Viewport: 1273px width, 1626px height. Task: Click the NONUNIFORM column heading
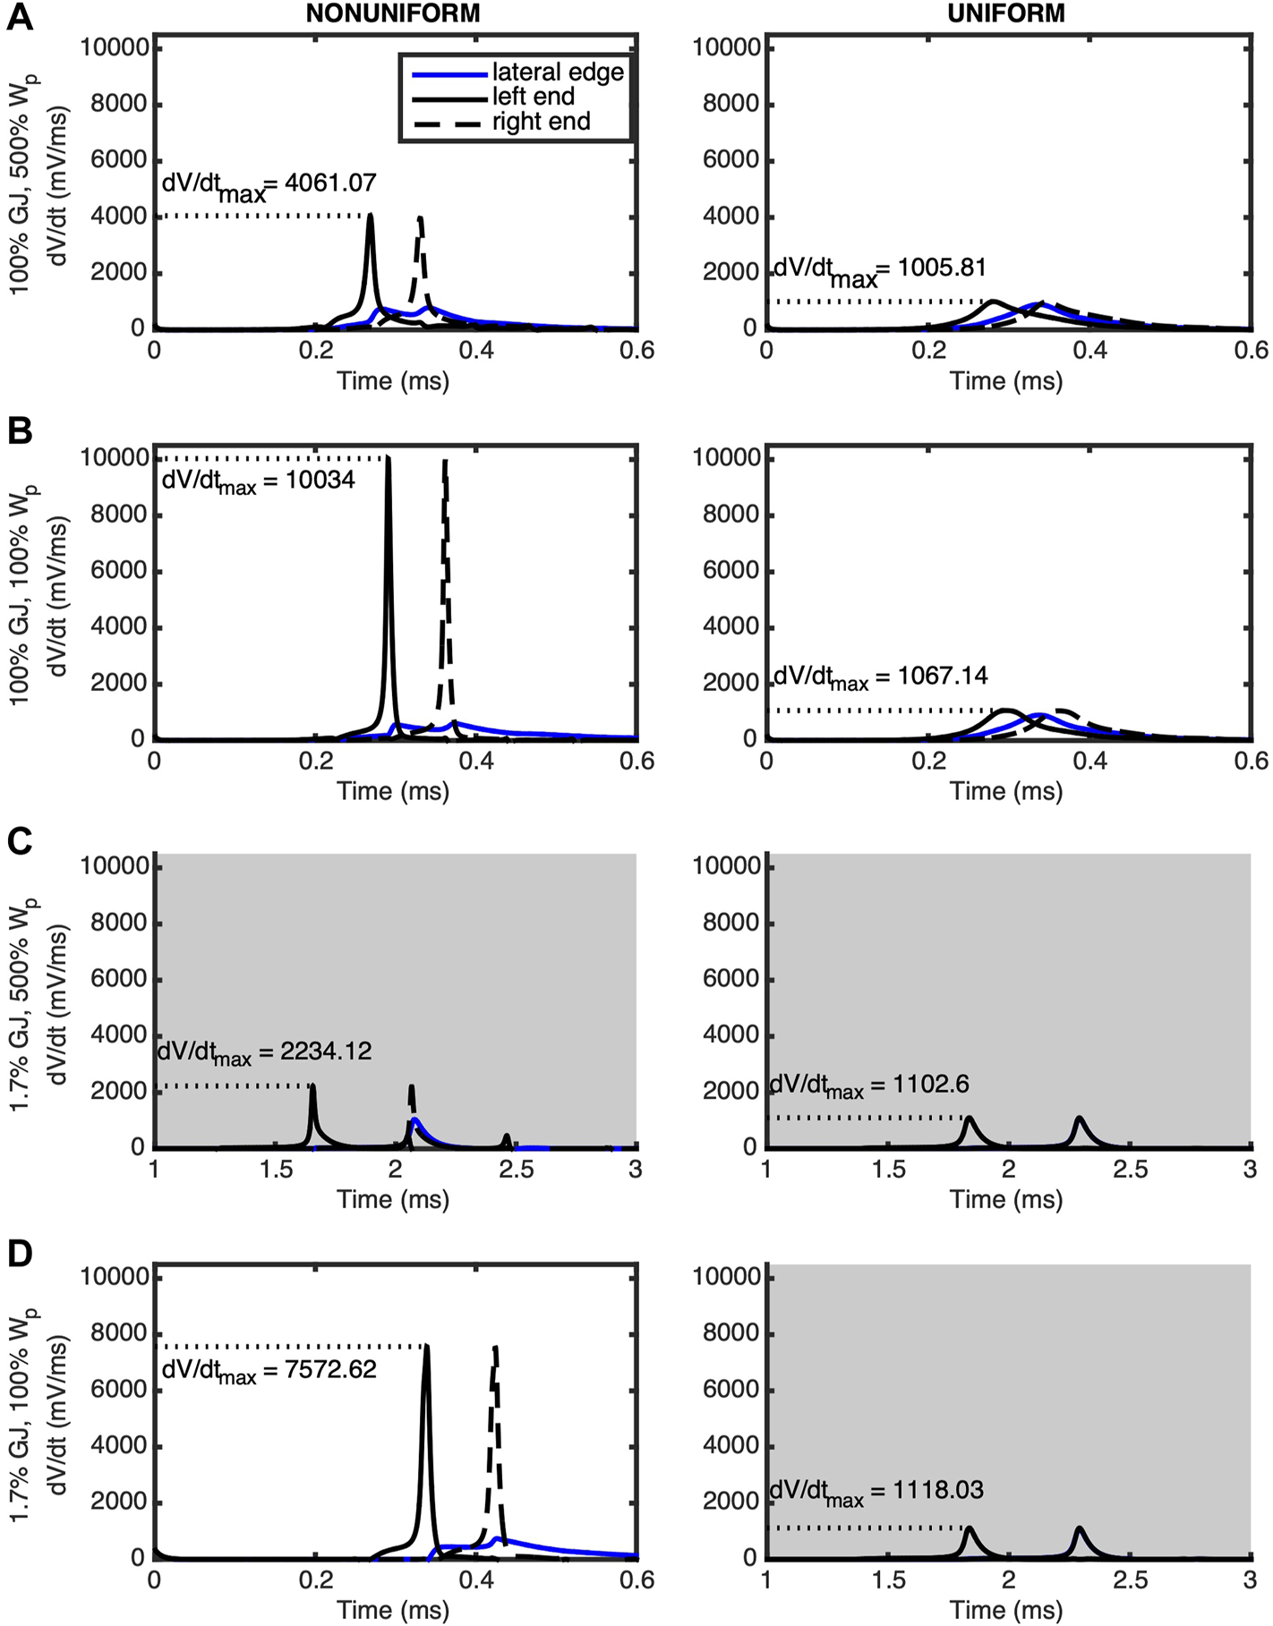click(x=393, y=13)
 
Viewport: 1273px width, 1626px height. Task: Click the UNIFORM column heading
click(x=1006, y=13)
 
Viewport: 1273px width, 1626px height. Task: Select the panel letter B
click(x=20, y=431)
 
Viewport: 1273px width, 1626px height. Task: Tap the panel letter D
click(x=20, y=1253)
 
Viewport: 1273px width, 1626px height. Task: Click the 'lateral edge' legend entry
click(x=558, y=72)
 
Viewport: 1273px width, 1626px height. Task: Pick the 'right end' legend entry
click(x=541, y=122)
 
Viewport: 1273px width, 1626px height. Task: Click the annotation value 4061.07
click(x=330, y=183)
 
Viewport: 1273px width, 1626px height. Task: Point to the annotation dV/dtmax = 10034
click(x=258, y=481)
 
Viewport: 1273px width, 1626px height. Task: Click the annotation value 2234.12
click(x=326, y=1051)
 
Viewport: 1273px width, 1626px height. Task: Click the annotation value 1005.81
click(x=942, y=268)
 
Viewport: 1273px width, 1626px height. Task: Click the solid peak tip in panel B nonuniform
click(x=388, y=459)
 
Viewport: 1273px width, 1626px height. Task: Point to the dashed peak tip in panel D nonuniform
click(x=495, y=1347)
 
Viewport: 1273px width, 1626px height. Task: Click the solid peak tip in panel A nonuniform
click(x=371, y=216)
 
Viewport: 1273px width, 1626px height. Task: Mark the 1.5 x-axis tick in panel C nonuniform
click(x=276, y=1170)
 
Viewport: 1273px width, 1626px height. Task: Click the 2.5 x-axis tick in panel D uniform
click(x=1130, y=1580)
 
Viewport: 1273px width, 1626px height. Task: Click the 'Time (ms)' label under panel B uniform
click(x=1006, y=791)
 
